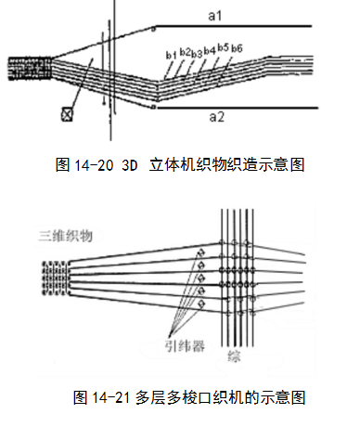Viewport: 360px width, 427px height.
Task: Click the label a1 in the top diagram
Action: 215,16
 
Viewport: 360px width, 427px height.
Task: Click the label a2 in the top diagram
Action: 216,117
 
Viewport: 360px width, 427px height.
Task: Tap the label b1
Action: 171,55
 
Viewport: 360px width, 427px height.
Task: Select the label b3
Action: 197,54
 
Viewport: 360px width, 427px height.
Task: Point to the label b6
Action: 237,48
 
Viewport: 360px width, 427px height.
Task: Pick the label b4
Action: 210,50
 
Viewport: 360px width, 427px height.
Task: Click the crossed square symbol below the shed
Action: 67,114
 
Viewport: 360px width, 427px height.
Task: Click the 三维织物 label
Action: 66,236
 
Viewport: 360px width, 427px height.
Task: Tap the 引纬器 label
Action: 185,346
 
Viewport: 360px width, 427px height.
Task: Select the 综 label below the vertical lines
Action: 234,356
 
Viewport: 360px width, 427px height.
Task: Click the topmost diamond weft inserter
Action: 201,252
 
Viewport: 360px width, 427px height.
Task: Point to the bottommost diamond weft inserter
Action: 201,304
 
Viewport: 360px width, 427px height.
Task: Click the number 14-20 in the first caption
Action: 94,165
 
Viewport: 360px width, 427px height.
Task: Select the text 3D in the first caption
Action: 130,165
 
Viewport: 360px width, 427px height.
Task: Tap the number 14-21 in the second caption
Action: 111,397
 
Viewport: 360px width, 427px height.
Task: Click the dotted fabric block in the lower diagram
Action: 55,278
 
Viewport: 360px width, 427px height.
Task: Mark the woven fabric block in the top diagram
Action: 30,69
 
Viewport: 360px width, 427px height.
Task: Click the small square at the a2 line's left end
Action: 153,107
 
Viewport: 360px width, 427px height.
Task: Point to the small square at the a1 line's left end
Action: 153,30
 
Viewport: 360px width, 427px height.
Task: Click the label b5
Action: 223,47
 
